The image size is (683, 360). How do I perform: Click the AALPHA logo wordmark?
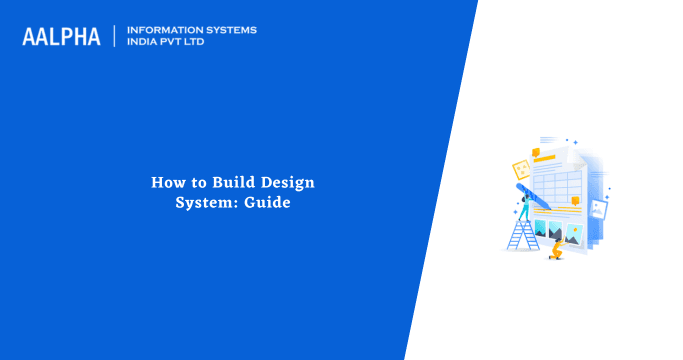tap(61, 37)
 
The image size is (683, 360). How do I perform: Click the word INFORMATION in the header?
tap(162, 30)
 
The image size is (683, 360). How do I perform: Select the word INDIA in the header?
tap(144, 43)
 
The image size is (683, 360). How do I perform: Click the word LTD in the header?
tap(203, 43)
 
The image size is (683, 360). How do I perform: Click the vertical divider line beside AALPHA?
tap(115, 37)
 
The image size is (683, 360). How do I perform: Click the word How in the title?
tap(166, 182)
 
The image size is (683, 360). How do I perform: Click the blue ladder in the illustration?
tap(523, 233)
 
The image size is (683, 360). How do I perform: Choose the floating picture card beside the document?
tap(599, 208)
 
